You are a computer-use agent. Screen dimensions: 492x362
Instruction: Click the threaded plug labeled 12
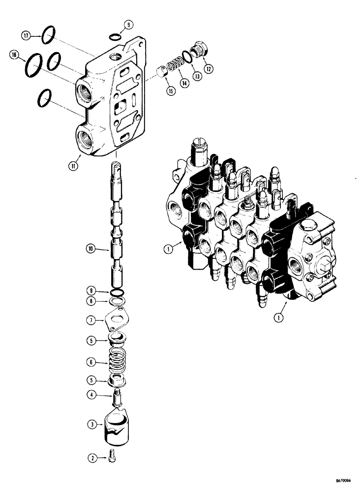click(201, 50)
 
